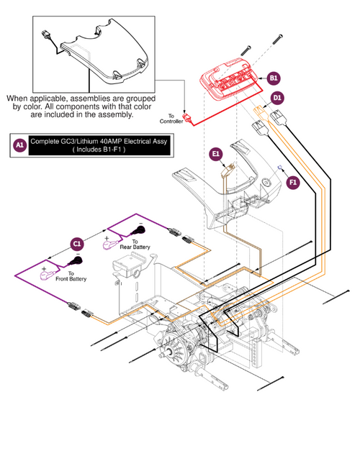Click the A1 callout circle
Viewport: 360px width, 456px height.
point(19,145)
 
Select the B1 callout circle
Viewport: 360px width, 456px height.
point(274,78)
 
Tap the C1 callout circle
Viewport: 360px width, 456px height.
point(77,244)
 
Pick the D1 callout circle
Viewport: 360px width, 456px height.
point(277,98)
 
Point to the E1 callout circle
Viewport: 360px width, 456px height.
point(216,153)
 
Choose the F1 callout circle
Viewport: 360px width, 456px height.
point(293,183)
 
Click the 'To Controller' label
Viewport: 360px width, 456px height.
point(171,119)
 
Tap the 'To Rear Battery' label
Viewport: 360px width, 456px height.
point(135,245)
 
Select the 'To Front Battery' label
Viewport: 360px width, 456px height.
point(71,276)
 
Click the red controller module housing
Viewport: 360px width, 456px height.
point(229,79)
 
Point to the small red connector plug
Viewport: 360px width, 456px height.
point(186,119)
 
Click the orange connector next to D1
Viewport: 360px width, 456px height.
point(260,111)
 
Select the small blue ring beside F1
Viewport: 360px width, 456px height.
point(279,167)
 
